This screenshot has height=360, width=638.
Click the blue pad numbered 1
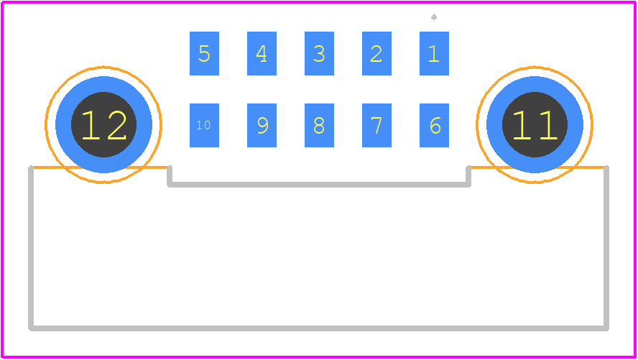pyautogui.click(x=434, y=53)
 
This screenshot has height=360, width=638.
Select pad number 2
pyautogui.click(x=376, y=53)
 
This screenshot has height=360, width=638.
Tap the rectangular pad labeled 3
pyautogui.click(x=320, y=53)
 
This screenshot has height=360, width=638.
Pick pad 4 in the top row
pyautogui.click(x=262, y=53)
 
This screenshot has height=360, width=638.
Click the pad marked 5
pyautogui.click(x=204, y=53)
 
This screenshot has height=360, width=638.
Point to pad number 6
pyautogui.click(x=434, y=125)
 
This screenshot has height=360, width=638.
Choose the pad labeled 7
pyautogui.click(x=376, y=125)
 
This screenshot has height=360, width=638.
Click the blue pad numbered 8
pyautogui.click(x=320, y=125)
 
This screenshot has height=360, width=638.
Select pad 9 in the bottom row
pyautogui.click(x=262, y=125)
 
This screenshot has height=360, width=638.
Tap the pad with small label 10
pyautogui.click(x=204, y=125)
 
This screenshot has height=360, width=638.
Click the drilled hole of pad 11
pyautogui.click(x=535, y=124)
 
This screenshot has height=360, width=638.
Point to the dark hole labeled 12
pyautogui.click(x=103, y=124)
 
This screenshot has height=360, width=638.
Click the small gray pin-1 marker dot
pyautogui.click(x=434, y=17)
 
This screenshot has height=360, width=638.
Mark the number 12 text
pyautogui.click(x=103, y=125)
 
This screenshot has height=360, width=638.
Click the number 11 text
pyautogui.click(x=535, y=125)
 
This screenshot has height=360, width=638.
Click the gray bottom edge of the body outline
pyautogui.click(x=318, y=328)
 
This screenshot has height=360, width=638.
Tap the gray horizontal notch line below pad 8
pyautogui.click(x=319, y=185)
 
